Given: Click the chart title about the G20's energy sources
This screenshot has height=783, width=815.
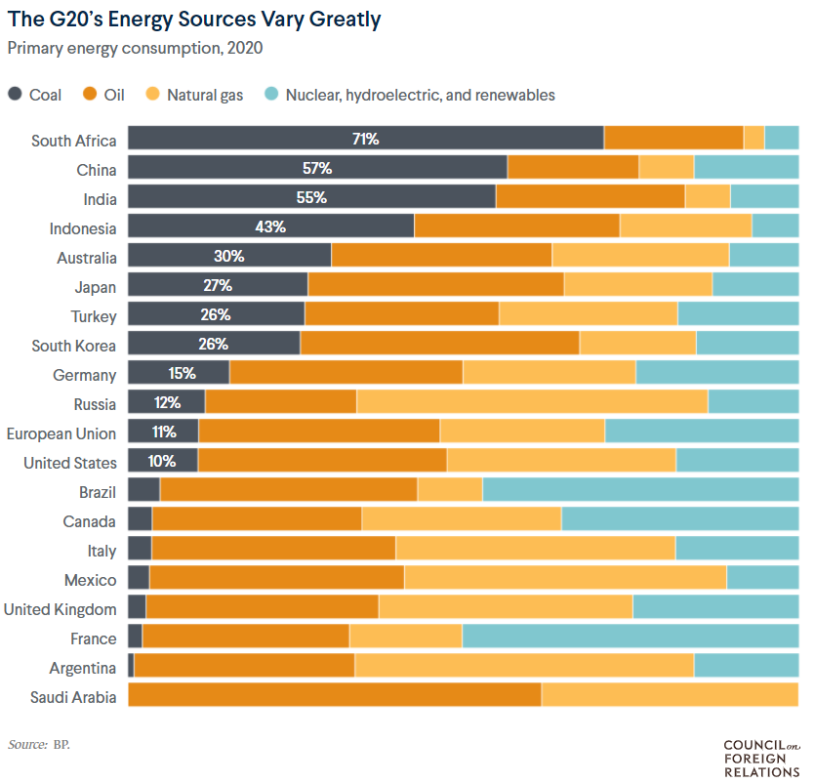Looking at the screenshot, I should click(x=194, y=20).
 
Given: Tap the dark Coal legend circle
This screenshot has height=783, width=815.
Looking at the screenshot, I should click(x=16, y=95).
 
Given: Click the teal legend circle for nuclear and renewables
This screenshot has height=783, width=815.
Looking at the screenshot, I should click(x=272, y=95).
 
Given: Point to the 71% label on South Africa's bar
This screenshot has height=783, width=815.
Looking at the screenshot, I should click(x=365, y=140).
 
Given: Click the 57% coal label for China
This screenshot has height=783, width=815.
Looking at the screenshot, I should click(x=317, y=169).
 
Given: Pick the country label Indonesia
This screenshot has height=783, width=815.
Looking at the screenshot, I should click(x=83, y=228).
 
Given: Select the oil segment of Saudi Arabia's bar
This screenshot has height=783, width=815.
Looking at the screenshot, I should click(x=334, y=696).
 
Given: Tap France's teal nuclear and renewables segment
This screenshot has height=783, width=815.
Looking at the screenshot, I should click(x=630, y=638).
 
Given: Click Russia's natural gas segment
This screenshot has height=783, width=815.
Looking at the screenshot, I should click(x=532, y=403).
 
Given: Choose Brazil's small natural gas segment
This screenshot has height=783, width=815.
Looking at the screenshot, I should click(x=450, y=491).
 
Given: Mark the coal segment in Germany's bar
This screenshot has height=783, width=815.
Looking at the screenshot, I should click(x=179, y=374).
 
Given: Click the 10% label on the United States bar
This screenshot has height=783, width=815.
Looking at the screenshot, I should click(x=162, y=462).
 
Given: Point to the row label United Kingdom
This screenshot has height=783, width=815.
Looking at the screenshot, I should click(x=61, y=609).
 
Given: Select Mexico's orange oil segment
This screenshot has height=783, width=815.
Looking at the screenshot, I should click(x=276, y=579).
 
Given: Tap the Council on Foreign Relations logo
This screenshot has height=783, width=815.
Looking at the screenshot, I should click(x=759, y=759).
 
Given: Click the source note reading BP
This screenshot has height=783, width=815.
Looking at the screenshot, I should click(x=39, y=745).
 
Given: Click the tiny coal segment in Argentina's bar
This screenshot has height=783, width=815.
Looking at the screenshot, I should click(x=131, y=667).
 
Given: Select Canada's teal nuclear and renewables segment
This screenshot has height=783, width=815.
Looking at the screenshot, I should click(x=679, y=520).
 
